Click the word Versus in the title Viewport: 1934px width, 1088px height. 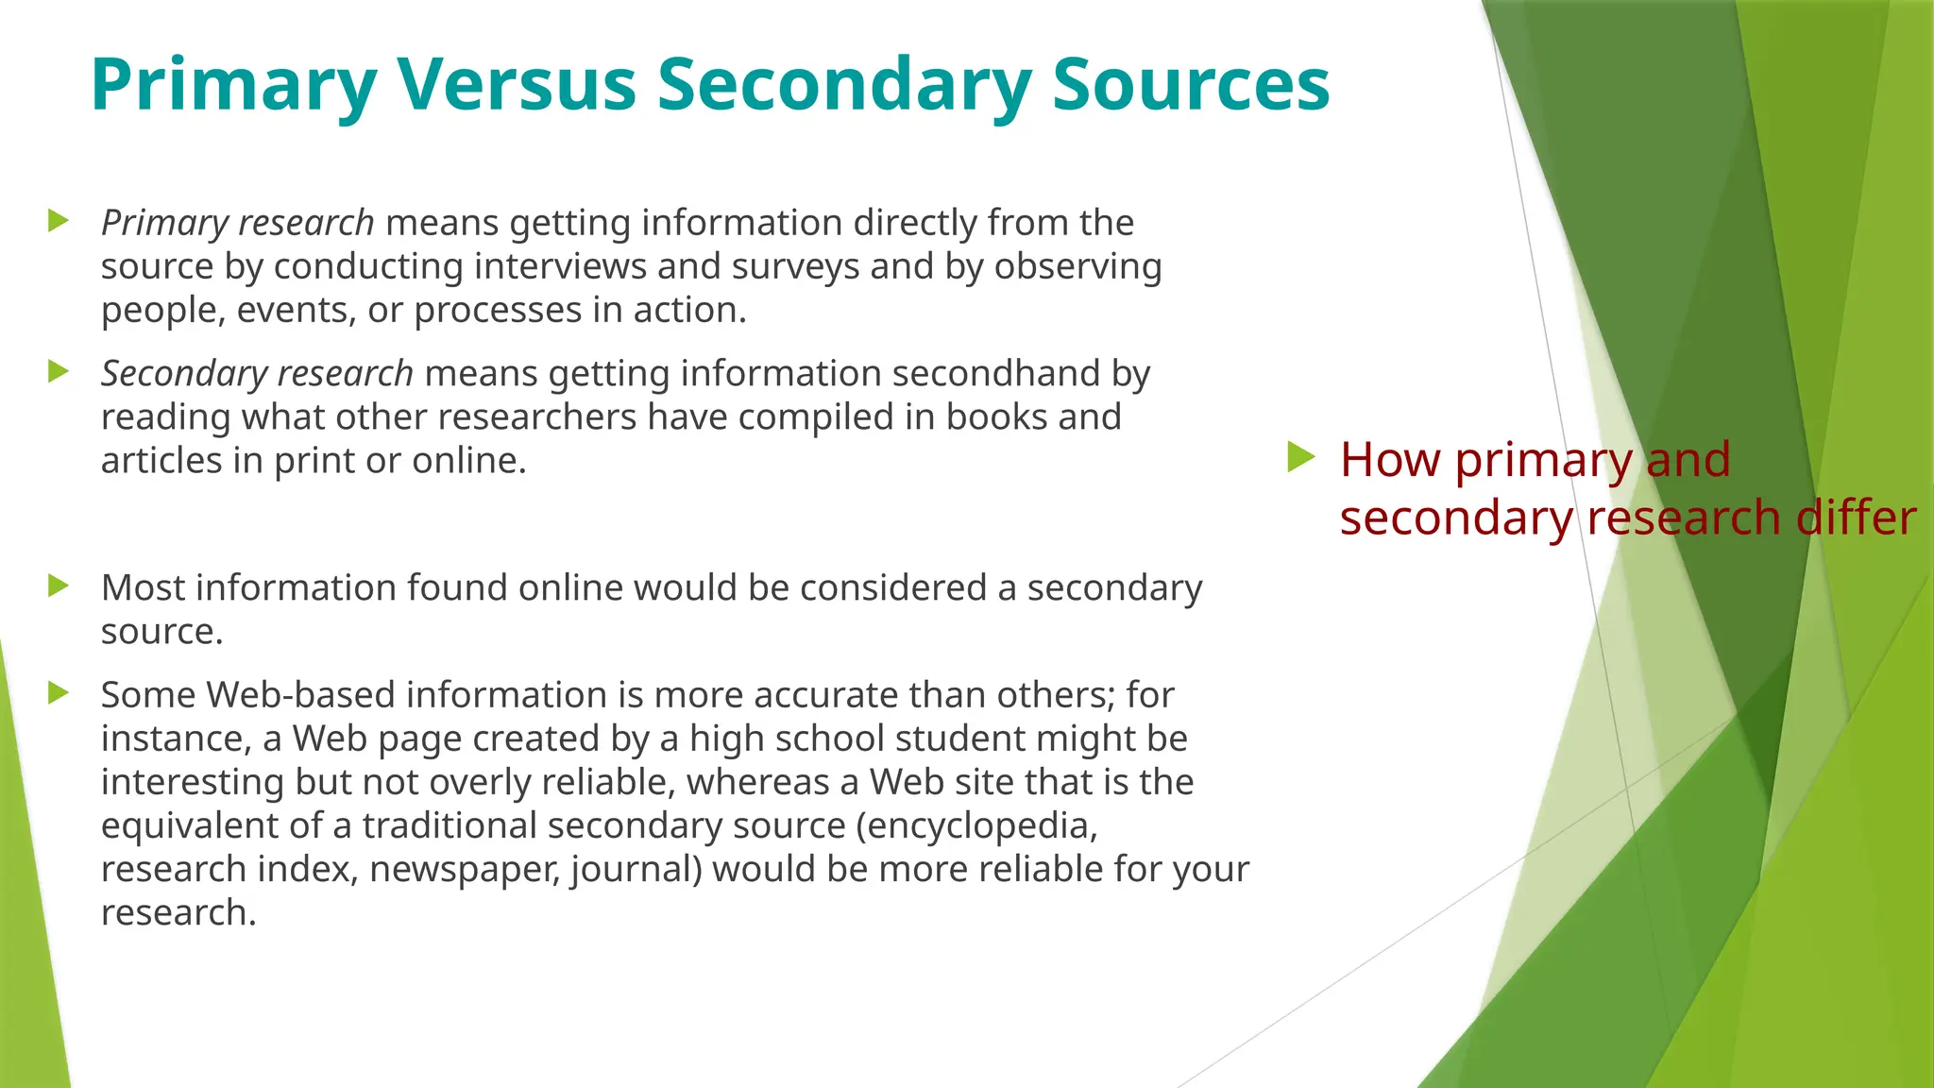tap(516, 85)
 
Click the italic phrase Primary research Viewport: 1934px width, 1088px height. tap(238, 223)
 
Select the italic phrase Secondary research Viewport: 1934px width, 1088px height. tap(257, 374)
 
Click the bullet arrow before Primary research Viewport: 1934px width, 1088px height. tap(59, 222)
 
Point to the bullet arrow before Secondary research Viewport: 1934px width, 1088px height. tap(59, 372)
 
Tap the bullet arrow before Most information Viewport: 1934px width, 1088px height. tap(59, 586)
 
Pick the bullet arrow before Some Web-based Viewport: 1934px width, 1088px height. tap(59, 693)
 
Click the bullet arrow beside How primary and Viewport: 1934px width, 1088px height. tap(1301, 458)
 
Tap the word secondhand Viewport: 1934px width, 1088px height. tap(995, 374)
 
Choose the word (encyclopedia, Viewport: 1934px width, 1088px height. tap(977, 826)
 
